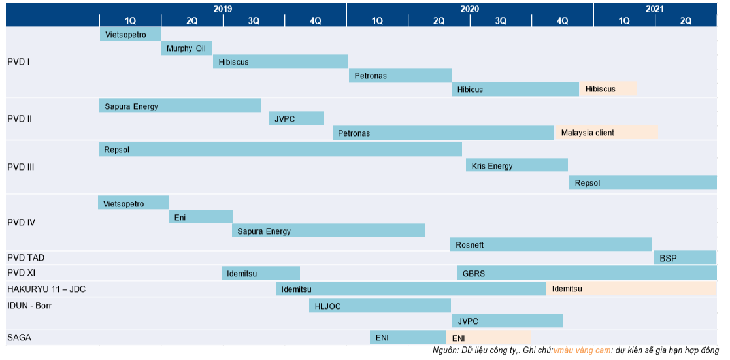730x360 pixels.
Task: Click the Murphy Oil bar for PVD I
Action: (x=187, y=48)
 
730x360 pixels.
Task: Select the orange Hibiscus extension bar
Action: (x=607, y=89)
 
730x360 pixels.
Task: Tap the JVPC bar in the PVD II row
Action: (x=297, y=118)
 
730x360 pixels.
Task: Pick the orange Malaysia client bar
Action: (x=606, y=133)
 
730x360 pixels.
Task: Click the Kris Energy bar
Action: (x=516, y=166)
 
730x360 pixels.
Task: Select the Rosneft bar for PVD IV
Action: (x=551, y=245)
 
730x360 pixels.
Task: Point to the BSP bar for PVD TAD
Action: (x=685, y=258)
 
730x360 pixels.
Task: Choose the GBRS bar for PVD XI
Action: (x=586, y=273)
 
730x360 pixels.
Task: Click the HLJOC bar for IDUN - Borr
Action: (x=380, y=306)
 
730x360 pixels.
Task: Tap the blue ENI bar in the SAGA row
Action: (x=408, y=337)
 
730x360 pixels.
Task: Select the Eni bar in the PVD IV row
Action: (x=201, y=217)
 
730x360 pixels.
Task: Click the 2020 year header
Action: (x=469, y=8)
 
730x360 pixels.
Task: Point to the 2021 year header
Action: (x=655, y=8)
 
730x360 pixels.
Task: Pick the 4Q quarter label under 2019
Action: (x=316, y=20)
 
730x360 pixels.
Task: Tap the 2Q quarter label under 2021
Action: (x=686, y=20)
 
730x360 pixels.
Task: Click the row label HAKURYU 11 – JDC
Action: (x=46, y=289)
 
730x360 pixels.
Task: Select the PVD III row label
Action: (x=21, y=167)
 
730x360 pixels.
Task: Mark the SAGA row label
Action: (x=19, y=338)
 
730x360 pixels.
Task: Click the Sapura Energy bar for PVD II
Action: (x=180, y=106)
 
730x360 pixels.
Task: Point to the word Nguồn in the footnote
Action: (x=445, y=351)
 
